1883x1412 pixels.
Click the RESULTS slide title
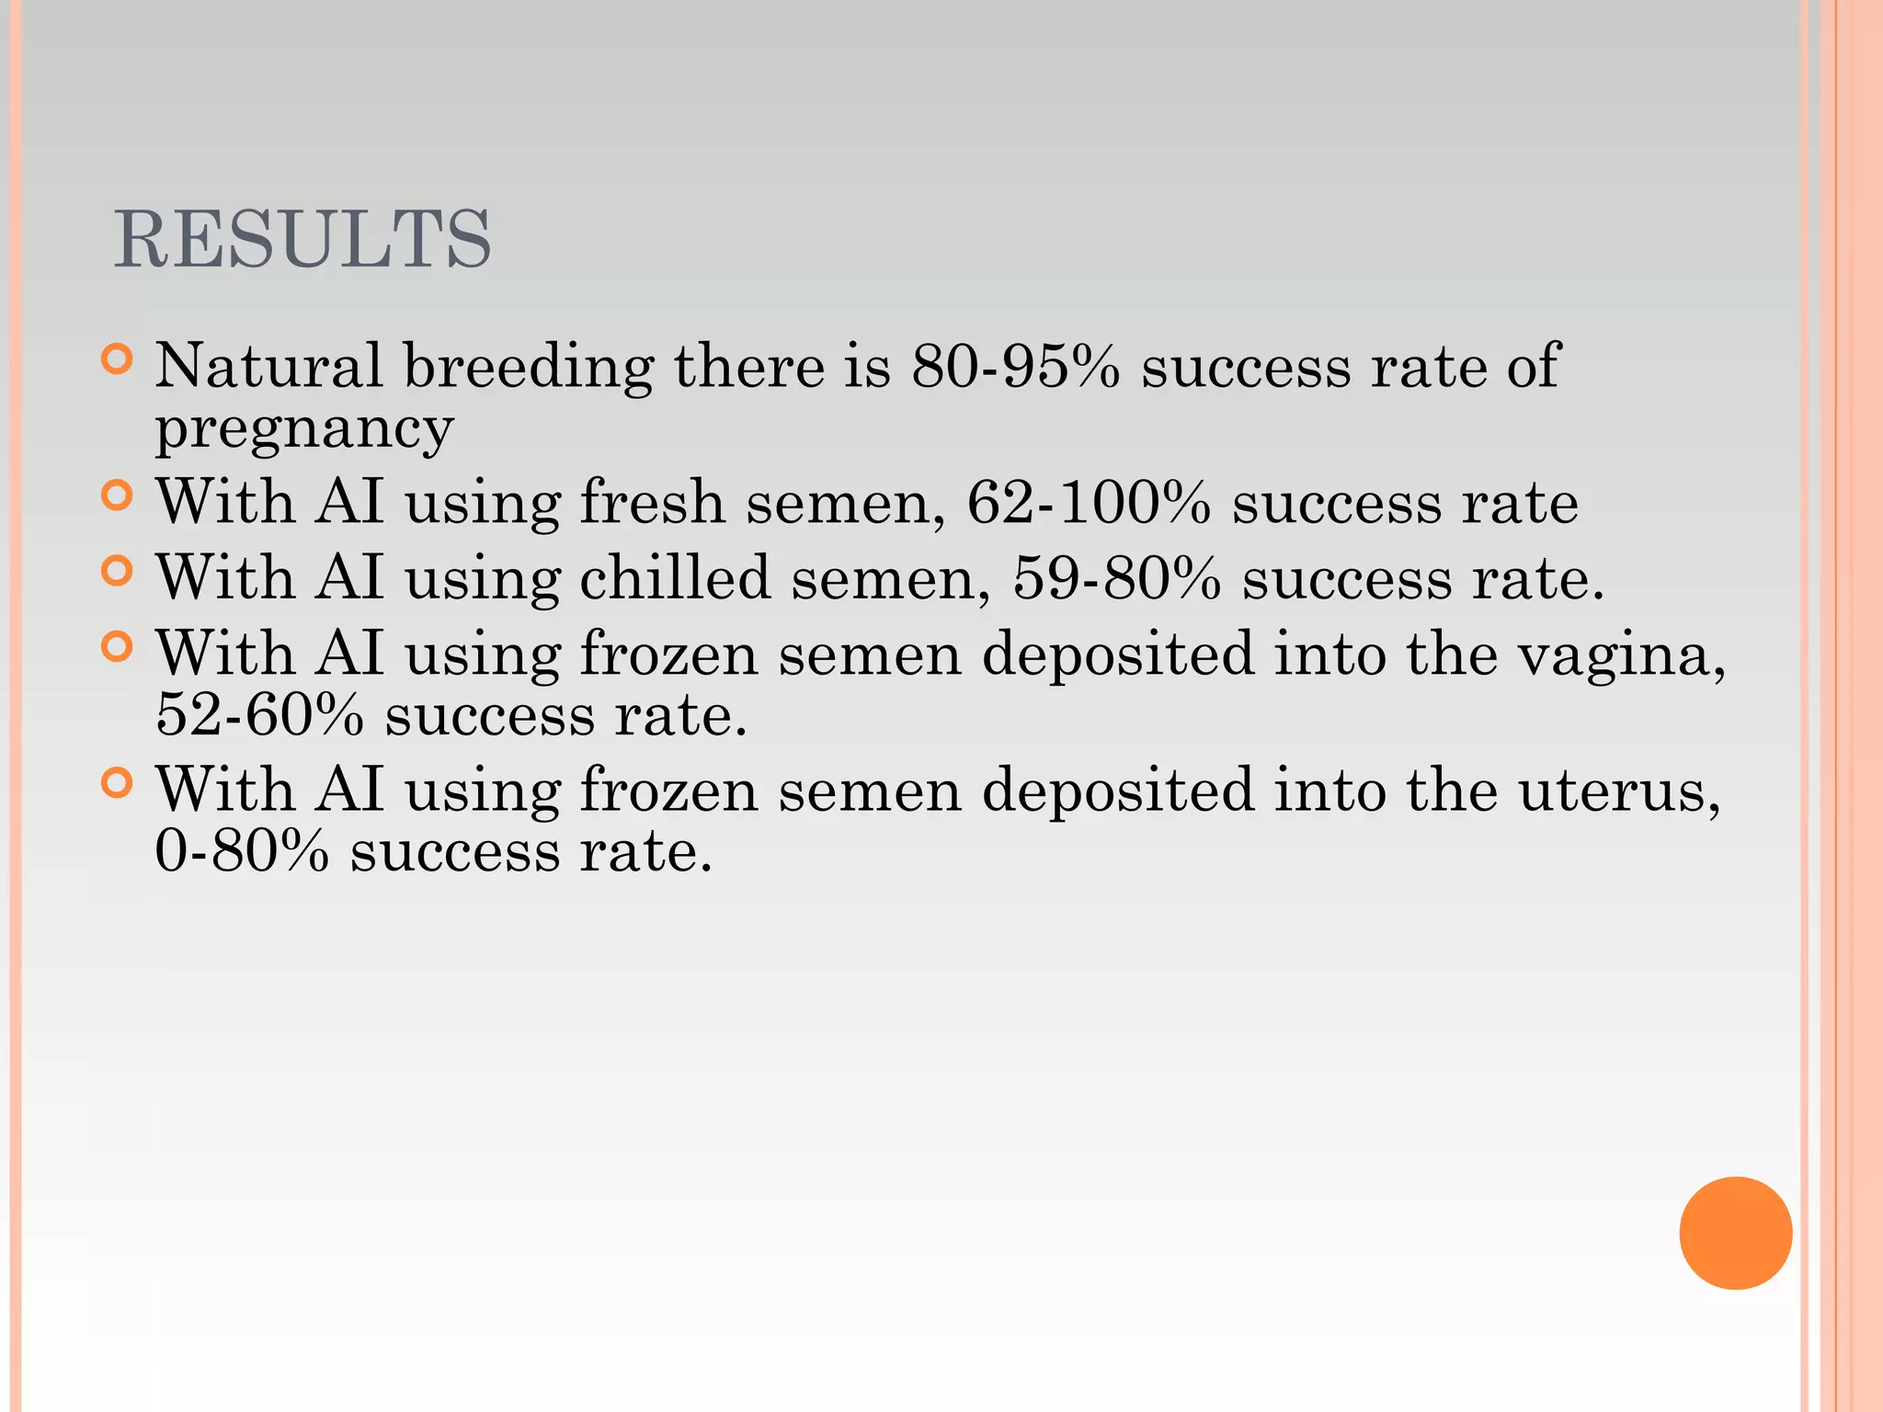(302, 240)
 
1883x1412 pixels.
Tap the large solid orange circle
(1735, 1233)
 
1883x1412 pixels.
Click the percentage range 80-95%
(1015, 367)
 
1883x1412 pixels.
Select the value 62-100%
(1089, 503)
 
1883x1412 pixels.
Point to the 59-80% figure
(1116, 579)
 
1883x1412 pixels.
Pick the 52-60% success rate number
(260, 715)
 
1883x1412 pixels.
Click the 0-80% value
(242, 851)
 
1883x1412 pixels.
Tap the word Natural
(268, 367)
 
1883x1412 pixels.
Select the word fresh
(652, 503)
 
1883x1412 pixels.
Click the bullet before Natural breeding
(117, 359)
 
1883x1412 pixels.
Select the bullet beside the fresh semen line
(117, 495)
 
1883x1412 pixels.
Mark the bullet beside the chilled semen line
(117, 571)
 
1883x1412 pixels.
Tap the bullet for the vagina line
(117, 647)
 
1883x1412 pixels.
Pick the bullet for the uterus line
(117, 783)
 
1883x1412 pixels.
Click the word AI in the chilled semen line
(349, 579)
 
